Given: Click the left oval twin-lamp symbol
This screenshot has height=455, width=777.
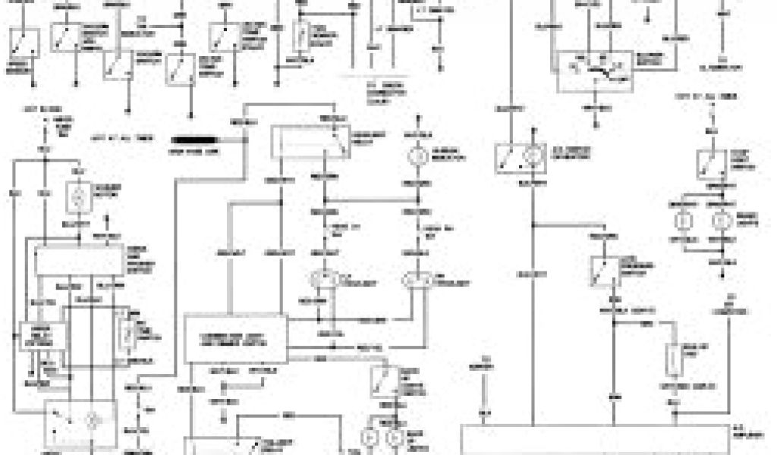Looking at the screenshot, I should click(322, 280).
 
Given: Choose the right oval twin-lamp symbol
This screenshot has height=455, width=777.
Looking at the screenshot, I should click(418, 280).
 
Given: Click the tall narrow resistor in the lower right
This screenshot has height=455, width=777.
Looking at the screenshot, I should click(674, 359).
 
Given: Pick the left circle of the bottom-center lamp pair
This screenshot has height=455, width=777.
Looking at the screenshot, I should click(373, 438).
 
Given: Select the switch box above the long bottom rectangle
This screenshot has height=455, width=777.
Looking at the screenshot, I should click(608, 269).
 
